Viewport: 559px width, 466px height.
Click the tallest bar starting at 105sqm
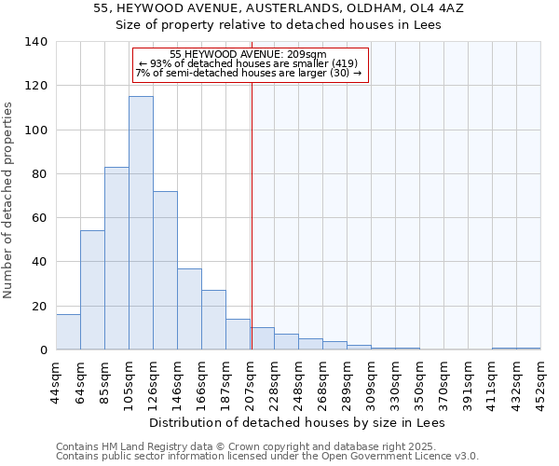141,224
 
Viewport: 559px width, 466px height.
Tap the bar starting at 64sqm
92,290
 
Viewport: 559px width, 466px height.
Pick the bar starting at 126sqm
165,270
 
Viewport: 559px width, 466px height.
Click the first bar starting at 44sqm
68,332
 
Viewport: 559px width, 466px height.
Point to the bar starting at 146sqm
189,309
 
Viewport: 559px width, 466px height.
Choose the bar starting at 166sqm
213,320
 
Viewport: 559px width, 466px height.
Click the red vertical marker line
252,233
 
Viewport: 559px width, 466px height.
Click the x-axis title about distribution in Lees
297,422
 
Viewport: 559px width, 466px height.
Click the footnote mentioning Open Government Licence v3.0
267,457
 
